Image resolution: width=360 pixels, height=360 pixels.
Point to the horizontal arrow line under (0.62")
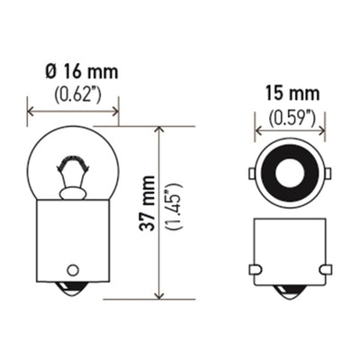point(85,112)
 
